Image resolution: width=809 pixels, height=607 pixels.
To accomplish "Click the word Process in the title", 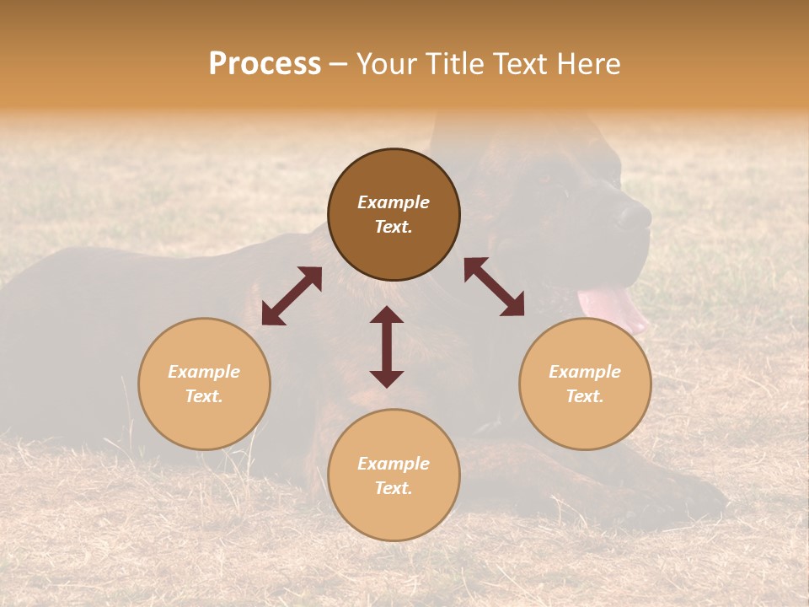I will pos(265,64).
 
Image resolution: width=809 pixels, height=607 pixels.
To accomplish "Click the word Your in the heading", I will pos(386,64).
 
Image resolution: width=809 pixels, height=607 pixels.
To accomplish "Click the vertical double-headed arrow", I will pos(387,346).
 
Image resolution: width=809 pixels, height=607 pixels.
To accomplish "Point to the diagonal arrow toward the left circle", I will pos(292,296).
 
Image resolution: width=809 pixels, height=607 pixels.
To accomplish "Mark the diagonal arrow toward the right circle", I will pos(494,287).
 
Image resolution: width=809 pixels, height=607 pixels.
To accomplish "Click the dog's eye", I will pos(544,177).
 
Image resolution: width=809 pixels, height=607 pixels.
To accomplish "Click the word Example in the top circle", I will pos(394,202).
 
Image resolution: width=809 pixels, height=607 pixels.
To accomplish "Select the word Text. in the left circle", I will pos(204,396).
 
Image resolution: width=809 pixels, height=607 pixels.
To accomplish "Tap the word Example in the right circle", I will pos(585,372).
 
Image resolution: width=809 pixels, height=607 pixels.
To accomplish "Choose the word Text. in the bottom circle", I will pos(394,488).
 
